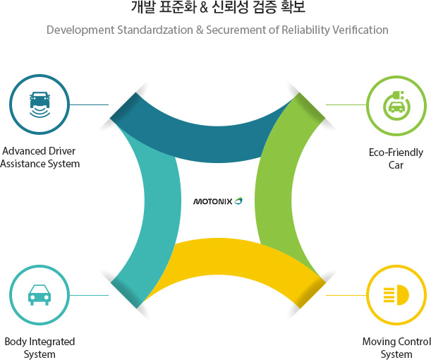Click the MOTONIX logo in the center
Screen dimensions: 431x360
(218, 201)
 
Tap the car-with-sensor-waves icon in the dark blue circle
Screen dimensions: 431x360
(40, 104)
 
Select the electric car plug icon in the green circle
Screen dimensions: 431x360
(396, 106)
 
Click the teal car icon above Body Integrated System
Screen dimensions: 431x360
(40, 295)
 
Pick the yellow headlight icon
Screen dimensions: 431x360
(396, 295)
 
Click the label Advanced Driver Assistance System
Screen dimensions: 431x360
(40, 157)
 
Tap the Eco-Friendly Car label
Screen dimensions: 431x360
(396, 159)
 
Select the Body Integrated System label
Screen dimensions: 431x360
(40, 348)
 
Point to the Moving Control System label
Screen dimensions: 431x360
(396, 348)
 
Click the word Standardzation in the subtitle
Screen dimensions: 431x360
(155, 30)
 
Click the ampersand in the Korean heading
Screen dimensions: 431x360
(204, 8)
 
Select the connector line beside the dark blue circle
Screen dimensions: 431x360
(89, 104)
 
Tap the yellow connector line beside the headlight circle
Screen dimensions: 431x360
(346, 295)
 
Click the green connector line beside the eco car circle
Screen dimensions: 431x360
(346, 104)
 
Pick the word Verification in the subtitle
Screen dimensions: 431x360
(360, 30)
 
